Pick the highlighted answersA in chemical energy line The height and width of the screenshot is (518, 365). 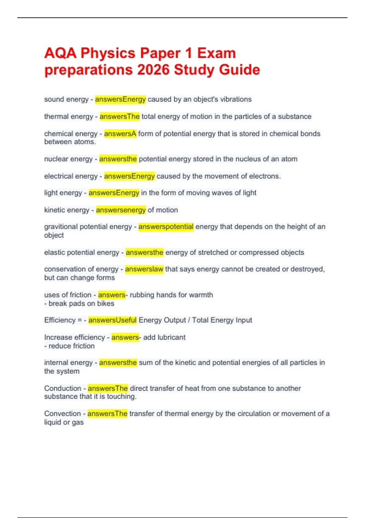120,134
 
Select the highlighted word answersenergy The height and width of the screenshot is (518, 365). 121,210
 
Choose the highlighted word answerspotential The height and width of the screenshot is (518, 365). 166,227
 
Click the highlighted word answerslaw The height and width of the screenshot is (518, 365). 144,269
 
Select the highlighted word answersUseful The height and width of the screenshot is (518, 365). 113,320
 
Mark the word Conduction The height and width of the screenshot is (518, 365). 63,388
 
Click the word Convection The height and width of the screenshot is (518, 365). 63,414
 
